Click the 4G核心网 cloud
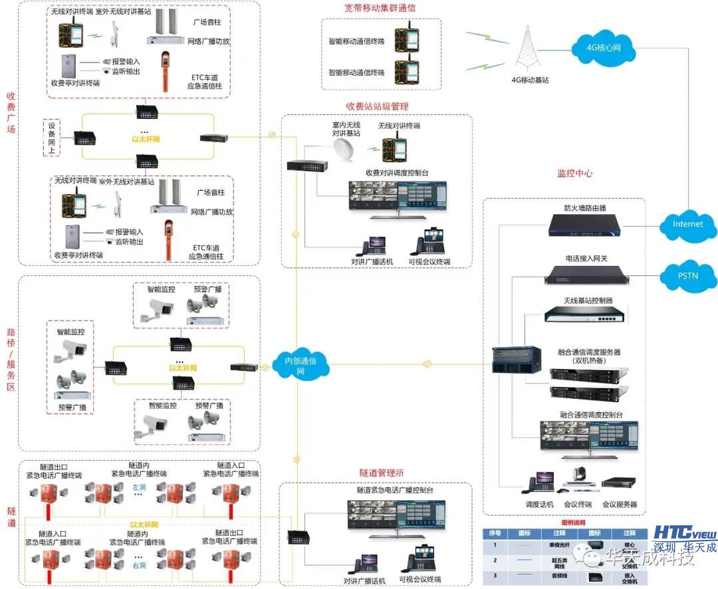coord(603,49)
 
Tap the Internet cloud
coord(687,224)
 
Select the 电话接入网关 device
coord(584,273)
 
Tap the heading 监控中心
coord(574,174)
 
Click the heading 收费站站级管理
coord(377,106)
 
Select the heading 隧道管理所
coord(382,473)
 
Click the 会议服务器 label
coord(620,505)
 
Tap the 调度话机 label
coord(539,505)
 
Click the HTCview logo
coord(685,533)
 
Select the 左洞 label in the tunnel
coord(139,487)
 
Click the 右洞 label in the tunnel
coord(139,566)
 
